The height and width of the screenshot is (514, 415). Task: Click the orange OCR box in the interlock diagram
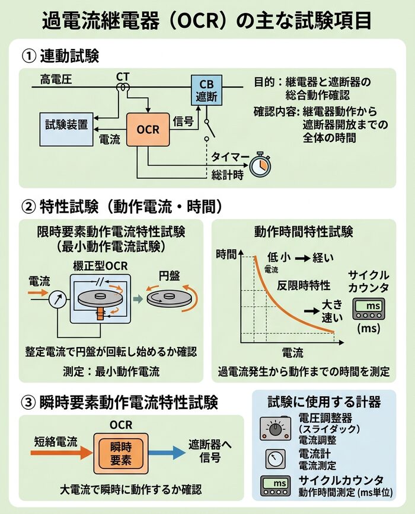[x=148, y=128]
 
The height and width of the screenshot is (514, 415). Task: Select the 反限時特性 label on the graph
[x=304, y=285]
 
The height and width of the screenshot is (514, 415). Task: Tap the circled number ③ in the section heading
[x=30, y=403]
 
